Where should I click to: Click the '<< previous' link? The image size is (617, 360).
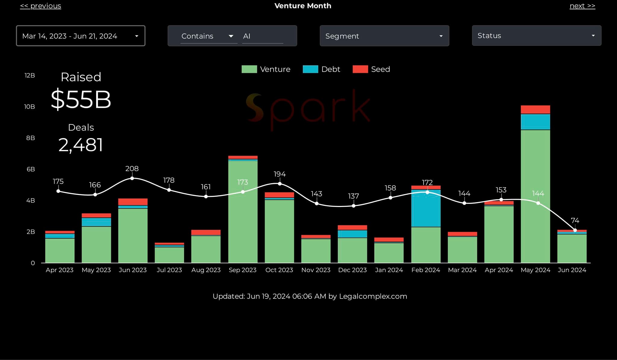pyautogui.click(x=40, y=6)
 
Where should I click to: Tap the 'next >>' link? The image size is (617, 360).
pyautogui.click(x=582, y=6)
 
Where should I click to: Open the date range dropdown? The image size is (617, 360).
pyautogui.click(x=80, y=36)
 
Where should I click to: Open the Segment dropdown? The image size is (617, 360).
pyautogui.click(x=384, y=36)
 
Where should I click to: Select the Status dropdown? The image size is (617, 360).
pyautogui.click(x=536, y=36)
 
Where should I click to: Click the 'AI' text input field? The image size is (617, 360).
pyautogui.click(x=262, y=36)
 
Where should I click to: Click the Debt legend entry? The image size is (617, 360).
pyautogui.click(x=321, y=69)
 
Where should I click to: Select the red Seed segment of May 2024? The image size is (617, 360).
pyautogui.click(x=535, y=109)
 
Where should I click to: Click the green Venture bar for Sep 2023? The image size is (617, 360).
pyautogui.click(x=243, y=217)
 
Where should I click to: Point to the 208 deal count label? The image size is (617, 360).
pyautogui.click(x=132, y=169)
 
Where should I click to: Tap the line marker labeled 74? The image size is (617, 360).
pyautogui.click(x=575, y=230)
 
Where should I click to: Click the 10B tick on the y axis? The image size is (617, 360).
pyautogui.click(x=30, y=107)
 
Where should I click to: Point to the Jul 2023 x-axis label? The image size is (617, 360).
pyautogui.click(x=169, y=270)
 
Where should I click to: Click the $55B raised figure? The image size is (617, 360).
pyautogui.click(x=81, y=99)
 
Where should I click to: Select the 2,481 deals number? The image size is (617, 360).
pyautogui.click(x=81, y=145)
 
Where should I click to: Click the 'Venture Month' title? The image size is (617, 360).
pyautogui.click(x=302, y=6)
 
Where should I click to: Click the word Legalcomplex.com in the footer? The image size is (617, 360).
pyautogui.click(x=373, y=296)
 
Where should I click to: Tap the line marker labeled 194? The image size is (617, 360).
pyautogui.click(x=280, y=183)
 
